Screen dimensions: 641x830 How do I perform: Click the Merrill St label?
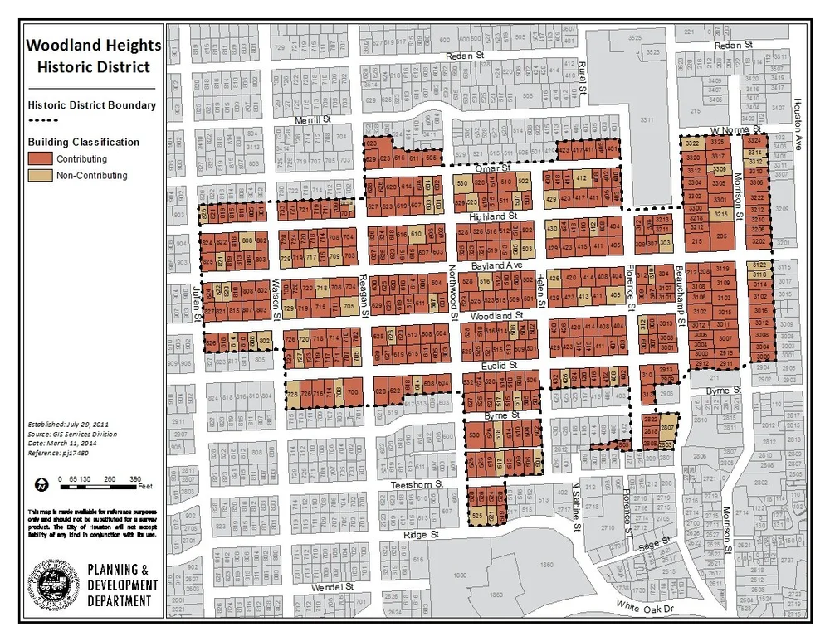[314, 120]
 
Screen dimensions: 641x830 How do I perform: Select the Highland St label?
[493, 216]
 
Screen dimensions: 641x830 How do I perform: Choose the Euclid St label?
[501, 365]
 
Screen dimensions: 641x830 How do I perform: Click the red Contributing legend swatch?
[41, 158]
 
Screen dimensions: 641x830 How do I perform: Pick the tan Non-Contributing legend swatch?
[41, 176]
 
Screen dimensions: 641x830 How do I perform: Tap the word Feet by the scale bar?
[144, 486]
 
